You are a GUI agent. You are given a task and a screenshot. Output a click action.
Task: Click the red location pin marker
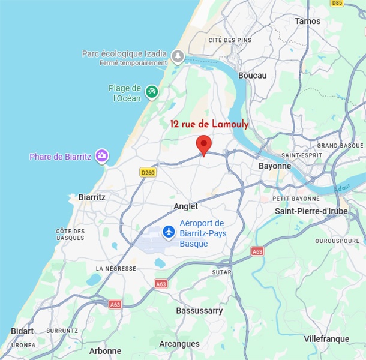pos(204,145)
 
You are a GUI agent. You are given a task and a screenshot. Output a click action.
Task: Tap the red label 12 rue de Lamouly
pos(209,124)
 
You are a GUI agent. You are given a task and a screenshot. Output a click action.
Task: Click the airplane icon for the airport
pos(169,232)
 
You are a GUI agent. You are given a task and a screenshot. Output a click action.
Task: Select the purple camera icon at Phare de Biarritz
pos(102,157)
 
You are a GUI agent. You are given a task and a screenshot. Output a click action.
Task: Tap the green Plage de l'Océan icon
pos(152,91)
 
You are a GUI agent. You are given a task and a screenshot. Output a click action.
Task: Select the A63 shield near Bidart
pos(115,305)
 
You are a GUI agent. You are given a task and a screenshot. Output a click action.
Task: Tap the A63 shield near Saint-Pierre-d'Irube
pos(257,251)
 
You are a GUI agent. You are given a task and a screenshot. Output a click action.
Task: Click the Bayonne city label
pos(275,166)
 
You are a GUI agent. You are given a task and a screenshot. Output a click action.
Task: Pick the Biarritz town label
pos(92,197)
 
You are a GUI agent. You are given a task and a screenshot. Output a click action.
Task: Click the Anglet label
pos(185,206)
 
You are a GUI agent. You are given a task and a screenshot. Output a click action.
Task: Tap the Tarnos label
pos(308,21)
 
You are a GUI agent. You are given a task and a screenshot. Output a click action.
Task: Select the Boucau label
pos(252,75)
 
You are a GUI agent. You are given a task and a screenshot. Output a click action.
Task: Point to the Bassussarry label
pos(199,311)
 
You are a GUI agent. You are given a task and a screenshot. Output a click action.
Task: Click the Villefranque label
pos(326,339)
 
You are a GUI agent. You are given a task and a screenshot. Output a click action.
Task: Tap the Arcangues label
pos(179,344)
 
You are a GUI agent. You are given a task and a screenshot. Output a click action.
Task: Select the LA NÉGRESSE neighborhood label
pos(116,268)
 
